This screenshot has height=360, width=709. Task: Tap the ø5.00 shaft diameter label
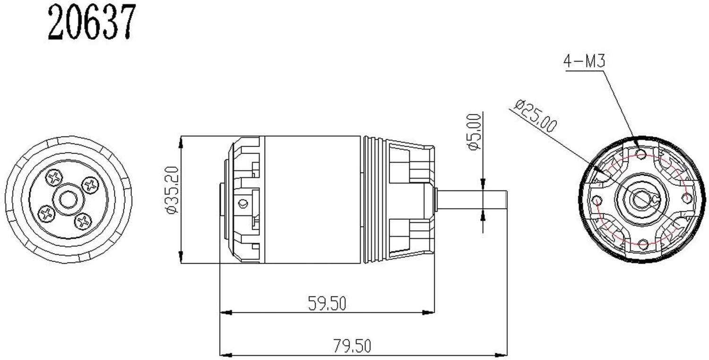pos(474,132)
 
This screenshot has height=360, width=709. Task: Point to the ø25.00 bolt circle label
pos(536,115)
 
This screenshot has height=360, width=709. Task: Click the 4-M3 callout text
pos(584,61)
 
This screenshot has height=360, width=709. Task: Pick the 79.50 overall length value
pos(352,346)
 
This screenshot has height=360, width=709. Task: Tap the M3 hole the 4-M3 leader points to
pos(641,154)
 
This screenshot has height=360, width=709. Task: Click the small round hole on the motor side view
pos(243,204)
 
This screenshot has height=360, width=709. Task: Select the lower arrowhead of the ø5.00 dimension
pos(483,215)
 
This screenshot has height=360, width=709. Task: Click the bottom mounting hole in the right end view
pos(642,244)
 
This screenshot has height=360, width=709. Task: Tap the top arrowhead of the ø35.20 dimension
pos(182,140)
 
